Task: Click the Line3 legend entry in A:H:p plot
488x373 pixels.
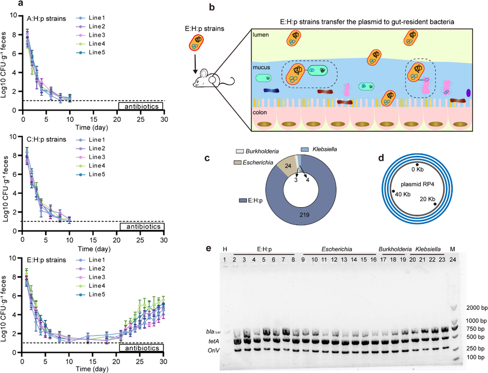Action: tap(97, 35)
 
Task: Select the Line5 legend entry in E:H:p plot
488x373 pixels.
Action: tap(97, 294)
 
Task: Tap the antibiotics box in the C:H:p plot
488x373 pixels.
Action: tap(142, 227)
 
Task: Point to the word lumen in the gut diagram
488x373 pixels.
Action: tap(261, 35)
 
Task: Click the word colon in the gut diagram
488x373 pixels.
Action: tap(260, 113)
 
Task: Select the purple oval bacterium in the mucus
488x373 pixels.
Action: tap(469, 93)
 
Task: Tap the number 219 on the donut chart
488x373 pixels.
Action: tap(304, 215)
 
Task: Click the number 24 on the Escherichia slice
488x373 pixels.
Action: tap(288, 166)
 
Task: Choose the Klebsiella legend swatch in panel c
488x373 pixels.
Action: tap(305, 150)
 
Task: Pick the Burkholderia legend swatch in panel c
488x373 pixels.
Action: tap(240, 151)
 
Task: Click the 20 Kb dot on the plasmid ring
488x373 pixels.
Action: tap(435, 204)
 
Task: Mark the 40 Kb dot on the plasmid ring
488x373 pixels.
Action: tap(393, 191)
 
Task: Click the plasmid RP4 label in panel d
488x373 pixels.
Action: tap(417, 184)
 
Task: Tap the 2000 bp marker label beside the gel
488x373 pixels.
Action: tap(477, 308)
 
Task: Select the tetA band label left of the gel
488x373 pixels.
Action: tap(214, 341)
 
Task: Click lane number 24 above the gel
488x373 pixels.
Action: tap(453, 260)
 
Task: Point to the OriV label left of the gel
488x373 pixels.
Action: tap(213, 350)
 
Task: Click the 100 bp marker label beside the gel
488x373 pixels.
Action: tap(475, 357)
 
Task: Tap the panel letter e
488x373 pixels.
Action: tap(209, 248)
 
